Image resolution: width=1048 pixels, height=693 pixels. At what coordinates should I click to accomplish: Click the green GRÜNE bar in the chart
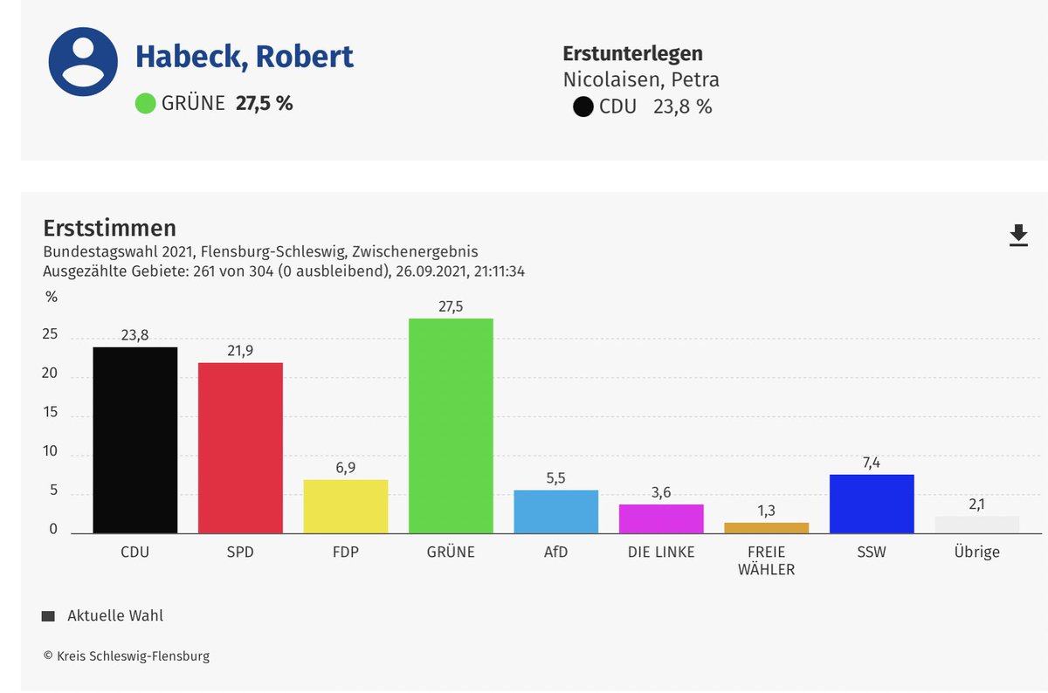pos(451,426)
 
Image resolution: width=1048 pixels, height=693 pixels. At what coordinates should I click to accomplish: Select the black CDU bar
pos(135,441)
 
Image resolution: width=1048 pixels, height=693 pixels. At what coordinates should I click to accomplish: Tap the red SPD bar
pos(240,448)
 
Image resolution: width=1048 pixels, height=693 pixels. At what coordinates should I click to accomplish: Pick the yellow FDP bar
pos(346,506)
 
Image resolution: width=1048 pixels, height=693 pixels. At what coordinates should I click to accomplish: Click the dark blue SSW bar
pos(872,504)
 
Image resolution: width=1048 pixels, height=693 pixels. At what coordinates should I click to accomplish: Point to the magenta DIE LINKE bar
pos(661,518)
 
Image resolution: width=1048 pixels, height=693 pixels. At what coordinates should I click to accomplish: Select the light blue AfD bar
pos(555,511)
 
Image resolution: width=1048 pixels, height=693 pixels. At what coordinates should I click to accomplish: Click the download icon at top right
pos(1018,236)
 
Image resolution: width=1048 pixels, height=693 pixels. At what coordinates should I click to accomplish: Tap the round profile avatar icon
pos(83,63)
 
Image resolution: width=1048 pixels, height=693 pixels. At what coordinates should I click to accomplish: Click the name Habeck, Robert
pos(244,58)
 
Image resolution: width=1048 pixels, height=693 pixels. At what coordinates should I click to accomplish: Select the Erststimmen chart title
pos(109,228)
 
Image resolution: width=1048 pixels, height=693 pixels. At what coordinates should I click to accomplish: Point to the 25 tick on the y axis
pos(50,335)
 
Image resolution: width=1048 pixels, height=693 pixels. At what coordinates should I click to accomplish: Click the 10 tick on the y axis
pos(50,452)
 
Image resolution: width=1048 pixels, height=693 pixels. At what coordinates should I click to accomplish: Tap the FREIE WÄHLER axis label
pos(766,560)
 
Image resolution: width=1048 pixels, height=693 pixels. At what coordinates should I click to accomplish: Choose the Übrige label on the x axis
pos(976,552)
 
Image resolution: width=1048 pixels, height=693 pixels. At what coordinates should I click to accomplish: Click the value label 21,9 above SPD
pos(240,349)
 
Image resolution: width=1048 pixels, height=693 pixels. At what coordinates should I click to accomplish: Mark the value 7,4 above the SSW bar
pos(872,462)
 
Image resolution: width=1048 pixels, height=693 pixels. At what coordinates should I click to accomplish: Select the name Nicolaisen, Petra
pos(641,80)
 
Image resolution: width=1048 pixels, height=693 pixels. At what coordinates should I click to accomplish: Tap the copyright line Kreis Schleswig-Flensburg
pos(127,655)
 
